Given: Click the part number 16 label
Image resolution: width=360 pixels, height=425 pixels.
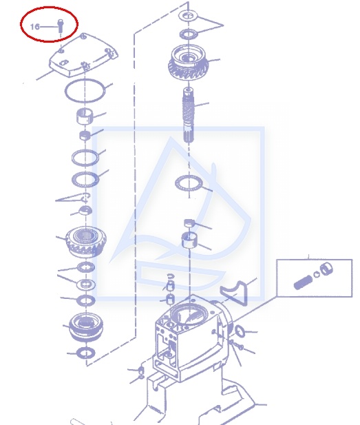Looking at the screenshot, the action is point(34,27).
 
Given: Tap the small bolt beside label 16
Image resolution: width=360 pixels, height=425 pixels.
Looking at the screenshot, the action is point(60,25).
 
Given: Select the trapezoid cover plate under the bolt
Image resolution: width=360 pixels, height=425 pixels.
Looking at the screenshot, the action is point(83,56).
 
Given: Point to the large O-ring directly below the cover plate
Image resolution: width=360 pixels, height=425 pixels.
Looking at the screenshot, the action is point(85,91).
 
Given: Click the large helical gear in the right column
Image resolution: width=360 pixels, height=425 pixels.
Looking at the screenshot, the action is point(189,62).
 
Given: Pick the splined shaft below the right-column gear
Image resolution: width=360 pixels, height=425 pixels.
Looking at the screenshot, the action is point(189,114).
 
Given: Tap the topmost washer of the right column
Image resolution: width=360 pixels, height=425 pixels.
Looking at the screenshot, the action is point(189,15).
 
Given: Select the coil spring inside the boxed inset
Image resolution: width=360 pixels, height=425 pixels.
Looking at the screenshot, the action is point(303,282).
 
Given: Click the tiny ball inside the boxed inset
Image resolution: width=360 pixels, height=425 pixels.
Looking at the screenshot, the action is point(317,275).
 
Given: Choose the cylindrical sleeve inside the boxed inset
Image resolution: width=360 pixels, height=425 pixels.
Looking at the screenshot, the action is point(326,269).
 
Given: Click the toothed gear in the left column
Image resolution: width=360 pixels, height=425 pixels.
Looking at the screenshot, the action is point(86,242).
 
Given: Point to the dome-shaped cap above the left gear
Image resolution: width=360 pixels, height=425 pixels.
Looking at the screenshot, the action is point(85,210).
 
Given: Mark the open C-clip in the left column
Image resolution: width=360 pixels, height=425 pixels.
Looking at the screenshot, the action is point(85,198).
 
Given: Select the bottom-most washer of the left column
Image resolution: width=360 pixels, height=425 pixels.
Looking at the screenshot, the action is point(86,353).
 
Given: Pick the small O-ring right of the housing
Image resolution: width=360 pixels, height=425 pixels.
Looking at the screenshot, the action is point(240,331).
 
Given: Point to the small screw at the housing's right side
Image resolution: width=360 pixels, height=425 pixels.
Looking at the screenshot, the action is point(236,345).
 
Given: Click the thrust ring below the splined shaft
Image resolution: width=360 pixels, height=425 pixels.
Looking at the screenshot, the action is point(189,183).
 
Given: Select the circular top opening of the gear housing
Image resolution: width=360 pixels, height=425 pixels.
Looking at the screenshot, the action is point(189,314).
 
